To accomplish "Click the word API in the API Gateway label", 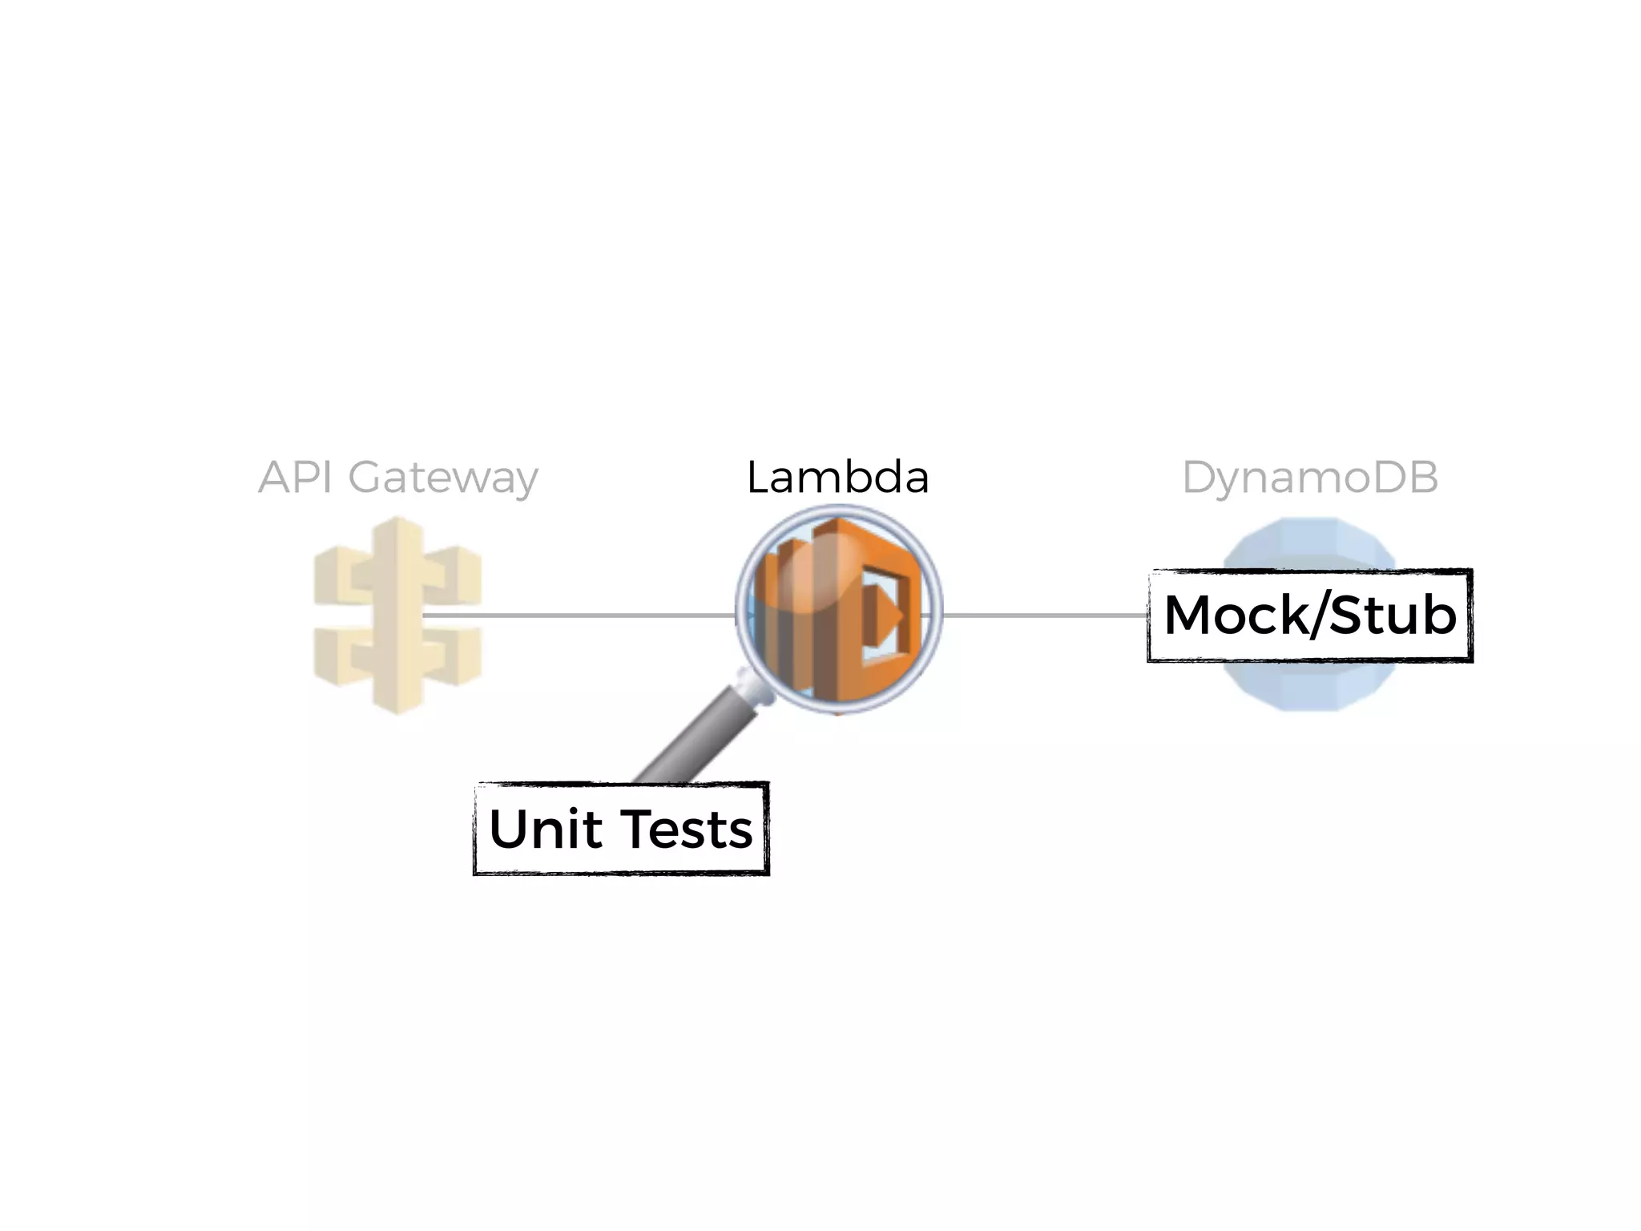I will (x=294, y=478).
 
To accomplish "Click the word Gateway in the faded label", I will (x=442, y=479).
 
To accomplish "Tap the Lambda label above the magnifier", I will (x=837, y=478).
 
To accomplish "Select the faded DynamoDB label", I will (x=1309, y=478).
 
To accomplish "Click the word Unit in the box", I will (x=546, y=829).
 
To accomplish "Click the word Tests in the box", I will (x=687, y=829).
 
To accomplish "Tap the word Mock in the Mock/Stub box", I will (x=1235, y=615).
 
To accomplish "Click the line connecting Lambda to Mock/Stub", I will (x=1042, y=615).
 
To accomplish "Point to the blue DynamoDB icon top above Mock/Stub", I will (x=1309, y=545).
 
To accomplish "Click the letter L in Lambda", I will (x=758, y=478).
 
